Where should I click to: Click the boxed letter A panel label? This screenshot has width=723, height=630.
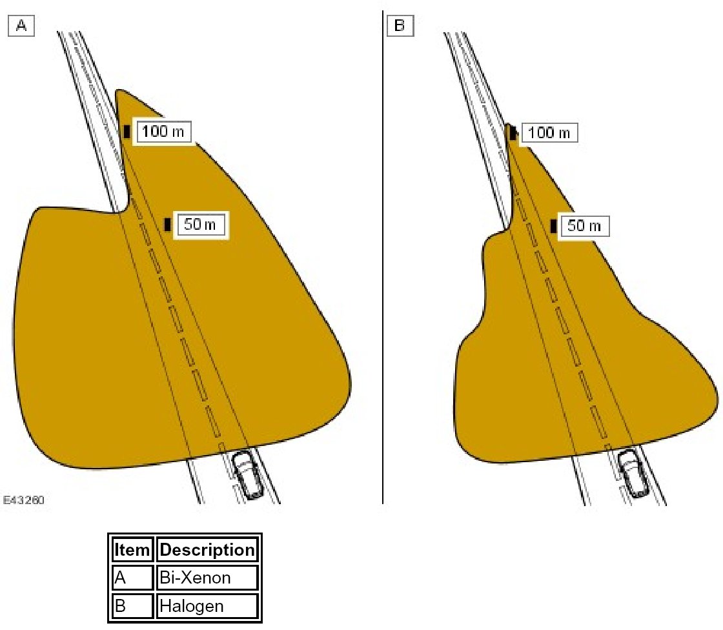point(21,26)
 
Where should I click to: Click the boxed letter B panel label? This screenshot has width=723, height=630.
point(400,25)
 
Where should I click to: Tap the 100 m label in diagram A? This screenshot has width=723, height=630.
point(162,132)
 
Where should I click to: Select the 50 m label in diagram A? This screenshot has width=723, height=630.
point(201,225)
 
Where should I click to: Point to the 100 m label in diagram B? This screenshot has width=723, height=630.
point(549,133)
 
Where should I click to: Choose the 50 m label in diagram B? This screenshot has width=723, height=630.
point(584,226)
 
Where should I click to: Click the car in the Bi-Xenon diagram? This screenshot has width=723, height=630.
point(247,474)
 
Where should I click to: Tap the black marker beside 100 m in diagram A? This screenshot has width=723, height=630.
point(127,132)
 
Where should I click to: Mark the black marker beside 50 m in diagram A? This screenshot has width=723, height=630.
point(167,225)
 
